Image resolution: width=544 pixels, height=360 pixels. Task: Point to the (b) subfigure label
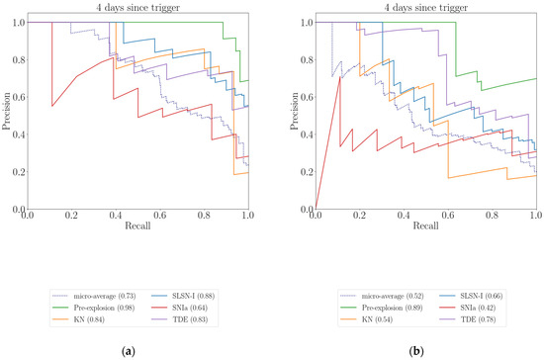click(417, 350)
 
